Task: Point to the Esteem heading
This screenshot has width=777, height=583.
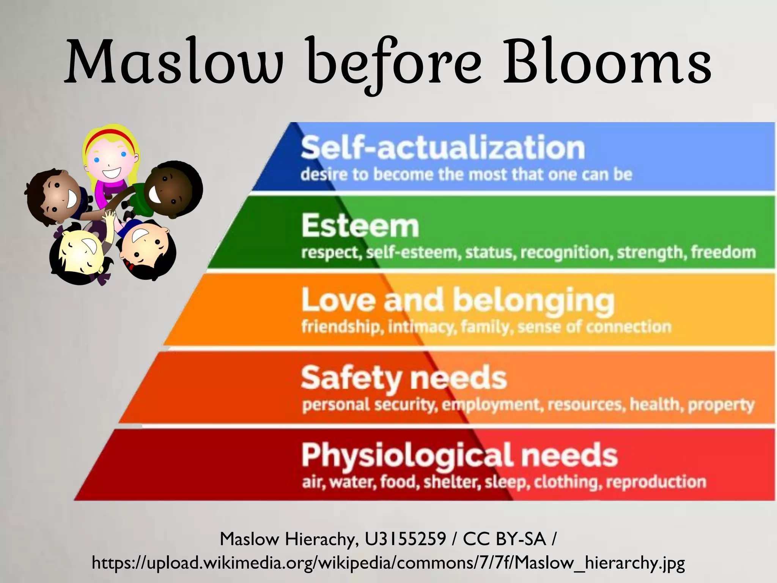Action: point(360,226)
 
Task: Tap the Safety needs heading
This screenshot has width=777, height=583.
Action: point(404,378)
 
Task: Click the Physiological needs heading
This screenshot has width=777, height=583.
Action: point(459,455)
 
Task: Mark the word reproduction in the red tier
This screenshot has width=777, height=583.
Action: point(656,482)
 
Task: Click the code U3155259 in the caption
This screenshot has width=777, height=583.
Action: point(405,539)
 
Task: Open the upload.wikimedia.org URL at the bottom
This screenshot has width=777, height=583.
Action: point(388,563)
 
